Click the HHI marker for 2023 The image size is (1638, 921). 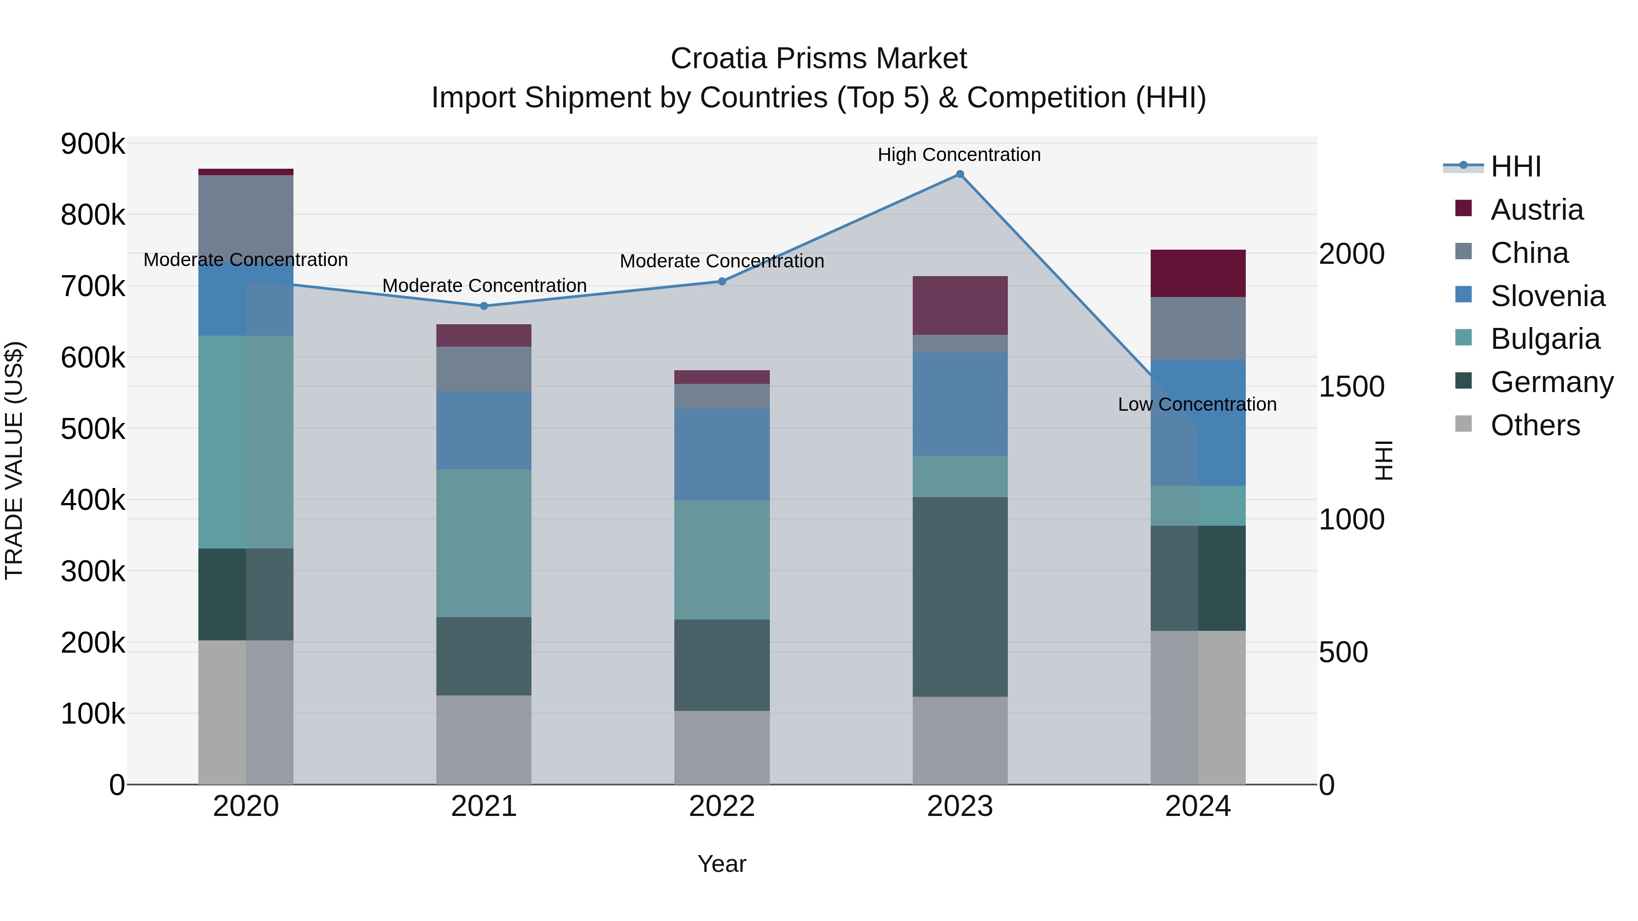coord(960,174)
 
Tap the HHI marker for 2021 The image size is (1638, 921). coord(484,306)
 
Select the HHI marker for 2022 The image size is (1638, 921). coord(722,281)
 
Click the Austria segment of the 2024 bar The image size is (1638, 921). coord(1198,273)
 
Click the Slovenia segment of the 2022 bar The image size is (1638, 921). coord(722,454)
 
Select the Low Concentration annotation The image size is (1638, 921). coord(1197,404)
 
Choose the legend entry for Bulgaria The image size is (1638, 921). coord(1545,339)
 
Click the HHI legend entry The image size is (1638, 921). coord(1515,166)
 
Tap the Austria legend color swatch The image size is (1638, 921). coord(1463,208)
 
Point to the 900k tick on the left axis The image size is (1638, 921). coord(93,144)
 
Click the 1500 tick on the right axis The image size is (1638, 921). coord(1351,387)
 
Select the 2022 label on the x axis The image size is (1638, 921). coord(722,806)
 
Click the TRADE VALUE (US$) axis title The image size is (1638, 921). coord(15,460)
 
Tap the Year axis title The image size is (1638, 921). coord(722,864)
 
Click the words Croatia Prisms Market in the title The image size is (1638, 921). coord(819,59)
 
